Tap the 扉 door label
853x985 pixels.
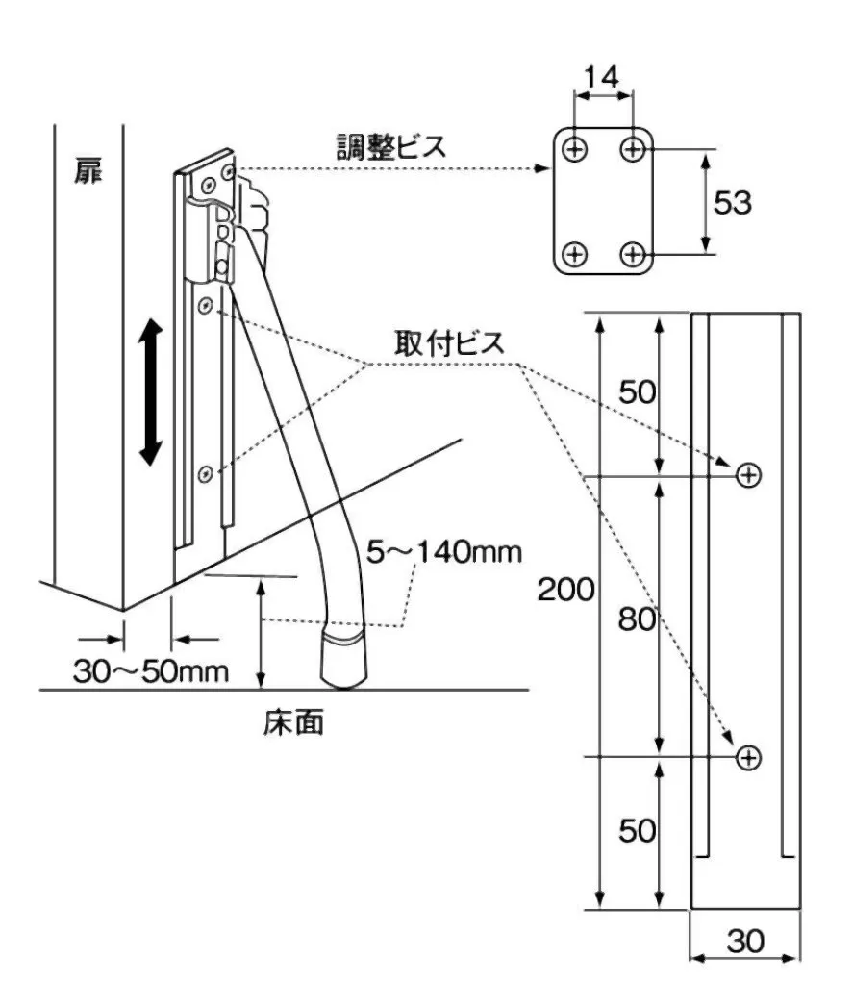(x=88, y=173)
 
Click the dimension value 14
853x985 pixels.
(x=603, y=75)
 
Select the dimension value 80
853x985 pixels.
(x=638, y=619)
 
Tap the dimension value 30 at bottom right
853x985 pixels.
(x=744, y=941)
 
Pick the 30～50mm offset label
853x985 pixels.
(x=151, y=669)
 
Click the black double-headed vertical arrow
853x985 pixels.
(x=151, y=394)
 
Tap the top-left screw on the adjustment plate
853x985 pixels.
(x=575, y=149)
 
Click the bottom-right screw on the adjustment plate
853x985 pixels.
(x=633, y=254)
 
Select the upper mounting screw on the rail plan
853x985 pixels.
(x=748, y=474)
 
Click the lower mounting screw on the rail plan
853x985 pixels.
(x=748, y=758)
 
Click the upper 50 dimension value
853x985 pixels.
(x=638, y=392)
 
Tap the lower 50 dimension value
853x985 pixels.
(x=638, y=830)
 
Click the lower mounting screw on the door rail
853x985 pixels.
(x=205, y=473)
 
